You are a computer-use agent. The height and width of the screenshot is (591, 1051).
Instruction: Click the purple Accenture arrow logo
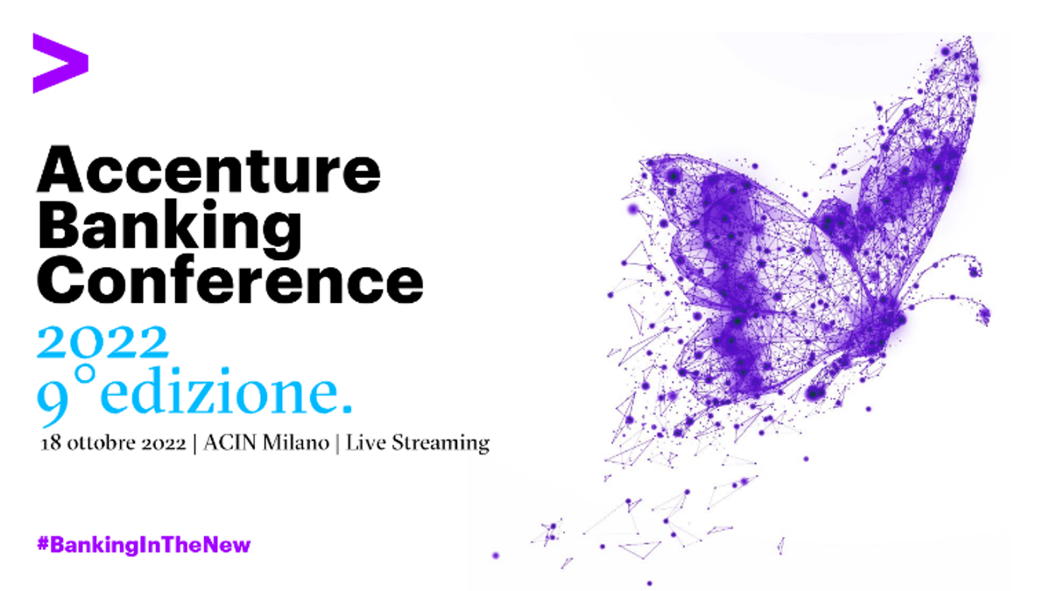(60, 63)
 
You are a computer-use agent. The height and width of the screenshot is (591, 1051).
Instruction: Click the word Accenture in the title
(208, 171)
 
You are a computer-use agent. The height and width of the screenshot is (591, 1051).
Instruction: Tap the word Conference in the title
(229, 280)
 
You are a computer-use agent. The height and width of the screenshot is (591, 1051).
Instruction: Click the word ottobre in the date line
(95, 443)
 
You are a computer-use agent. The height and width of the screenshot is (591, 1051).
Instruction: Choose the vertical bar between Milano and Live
(337, 443)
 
